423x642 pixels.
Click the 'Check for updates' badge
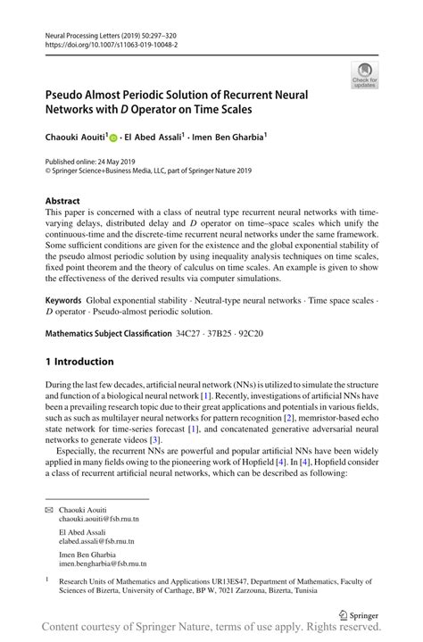click(x=364, y=78)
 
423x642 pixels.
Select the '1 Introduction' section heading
click(x=79, y=362)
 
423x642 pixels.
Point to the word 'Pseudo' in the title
click(x=69, y=92)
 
